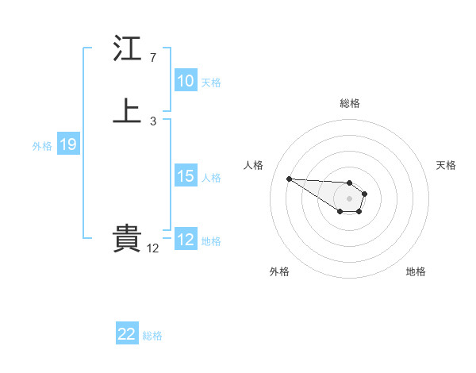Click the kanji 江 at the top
pos(127,50)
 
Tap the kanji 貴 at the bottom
pos(127,239)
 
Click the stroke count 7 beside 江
pos(153,58)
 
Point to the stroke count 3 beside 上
pos(153,121)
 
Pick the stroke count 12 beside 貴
pos(153,248)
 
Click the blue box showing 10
pos(186,81)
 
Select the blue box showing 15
pos(186,176)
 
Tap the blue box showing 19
pos(67,144)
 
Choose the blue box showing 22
pos(127,334)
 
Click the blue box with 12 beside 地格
pos(186,240)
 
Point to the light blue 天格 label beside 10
pos(211,82)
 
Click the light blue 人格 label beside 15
pos(211,177)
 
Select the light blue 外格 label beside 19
pos(42,145)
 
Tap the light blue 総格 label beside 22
pos(152,335)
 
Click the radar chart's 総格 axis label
pos(350,103)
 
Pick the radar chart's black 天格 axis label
pos(446,165)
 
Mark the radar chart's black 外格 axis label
pos(279,271)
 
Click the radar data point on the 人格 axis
pos(289,179)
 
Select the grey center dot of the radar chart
pos(349,198)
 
